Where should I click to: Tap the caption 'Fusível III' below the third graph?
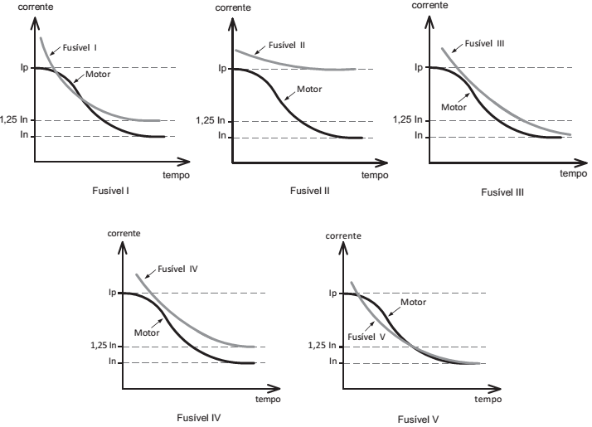click(x=502, y=192)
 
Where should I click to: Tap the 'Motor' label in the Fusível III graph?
click(x=454, y=106)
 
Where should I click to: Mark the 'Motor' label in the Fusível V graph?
click(x=413, y=302)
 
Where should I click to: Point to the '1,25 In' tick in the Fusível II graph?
click(x=211, y=120)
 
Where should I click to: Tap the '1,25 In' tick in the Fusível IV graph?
click(x=104, y=346)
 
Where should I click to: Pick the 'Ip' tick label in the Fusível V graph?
click(x=332, y=293)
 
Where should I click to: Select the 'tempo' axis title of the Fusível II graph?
click(x=374, y=175)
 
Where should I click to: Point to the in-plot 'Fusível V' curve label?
click(x=367, y=337)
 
